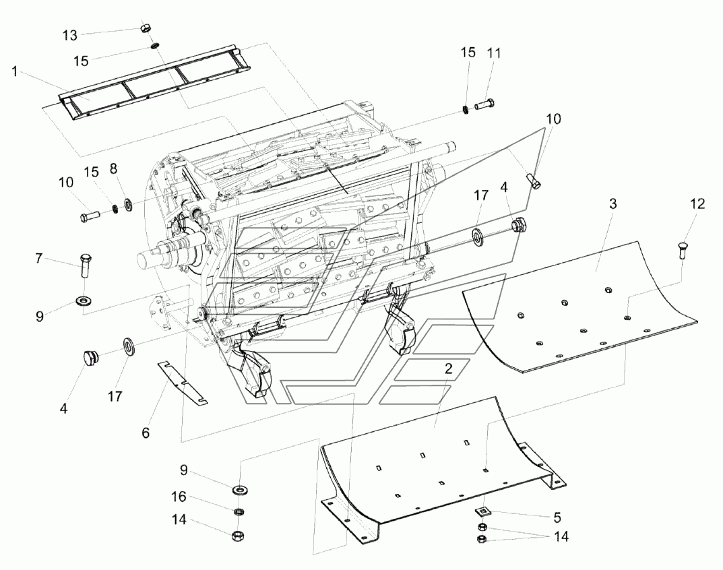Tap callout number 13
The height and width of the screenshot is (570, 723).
click(70, 34)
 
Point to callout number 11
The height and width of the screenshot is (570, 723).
click(495, 53)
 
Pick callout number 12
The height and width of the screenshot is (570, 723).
click(697, 203)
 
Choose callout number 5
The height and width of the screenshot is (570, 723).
click(557, 517)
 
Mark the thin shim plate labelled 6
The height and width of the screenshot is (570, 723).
click(183, 383)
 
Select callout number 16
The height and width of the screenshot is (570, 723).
click(178, 497)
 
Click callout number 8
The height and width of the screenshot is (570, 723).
click(114, 167)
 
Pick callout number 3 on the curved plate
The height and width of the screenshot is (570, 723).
click(612, 204)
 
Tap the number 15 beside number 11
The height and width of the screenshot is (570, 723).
click(468, 53)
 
